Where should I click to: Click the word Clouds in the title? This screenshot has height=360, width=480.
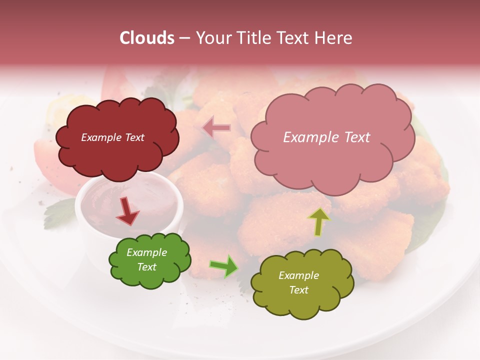[x=147, y=38]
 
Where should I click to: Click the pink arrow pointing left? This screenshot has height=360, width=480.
[x=216, y=128]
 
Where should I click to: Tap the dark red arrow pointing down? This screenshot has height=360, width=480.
[x=127, y=210]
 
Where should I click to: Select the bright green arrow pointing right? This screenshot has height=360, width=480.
[x=224, y=266]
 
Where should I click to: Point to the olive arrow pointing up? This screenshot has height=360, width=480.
[x=318, y=222]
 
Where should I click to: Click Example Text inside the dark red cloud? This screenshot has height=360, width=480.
[x=112, y=137]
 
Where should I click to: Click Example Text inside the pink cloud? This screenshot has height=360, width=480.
[x=326, y=137]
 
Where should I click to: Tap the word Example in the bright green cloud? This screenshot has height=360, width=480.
[x=147, y=252]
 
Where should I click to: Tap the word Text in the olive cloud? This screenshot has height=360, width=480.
[x=298, y=290]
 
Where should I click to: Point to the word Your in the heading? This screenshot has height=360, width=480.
[x=211, y=38]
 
